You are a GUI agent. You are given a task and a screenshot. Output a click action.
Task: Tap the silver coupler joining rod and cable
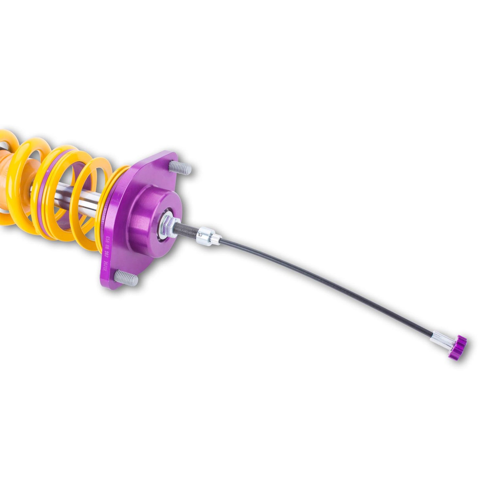[204, 235]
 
